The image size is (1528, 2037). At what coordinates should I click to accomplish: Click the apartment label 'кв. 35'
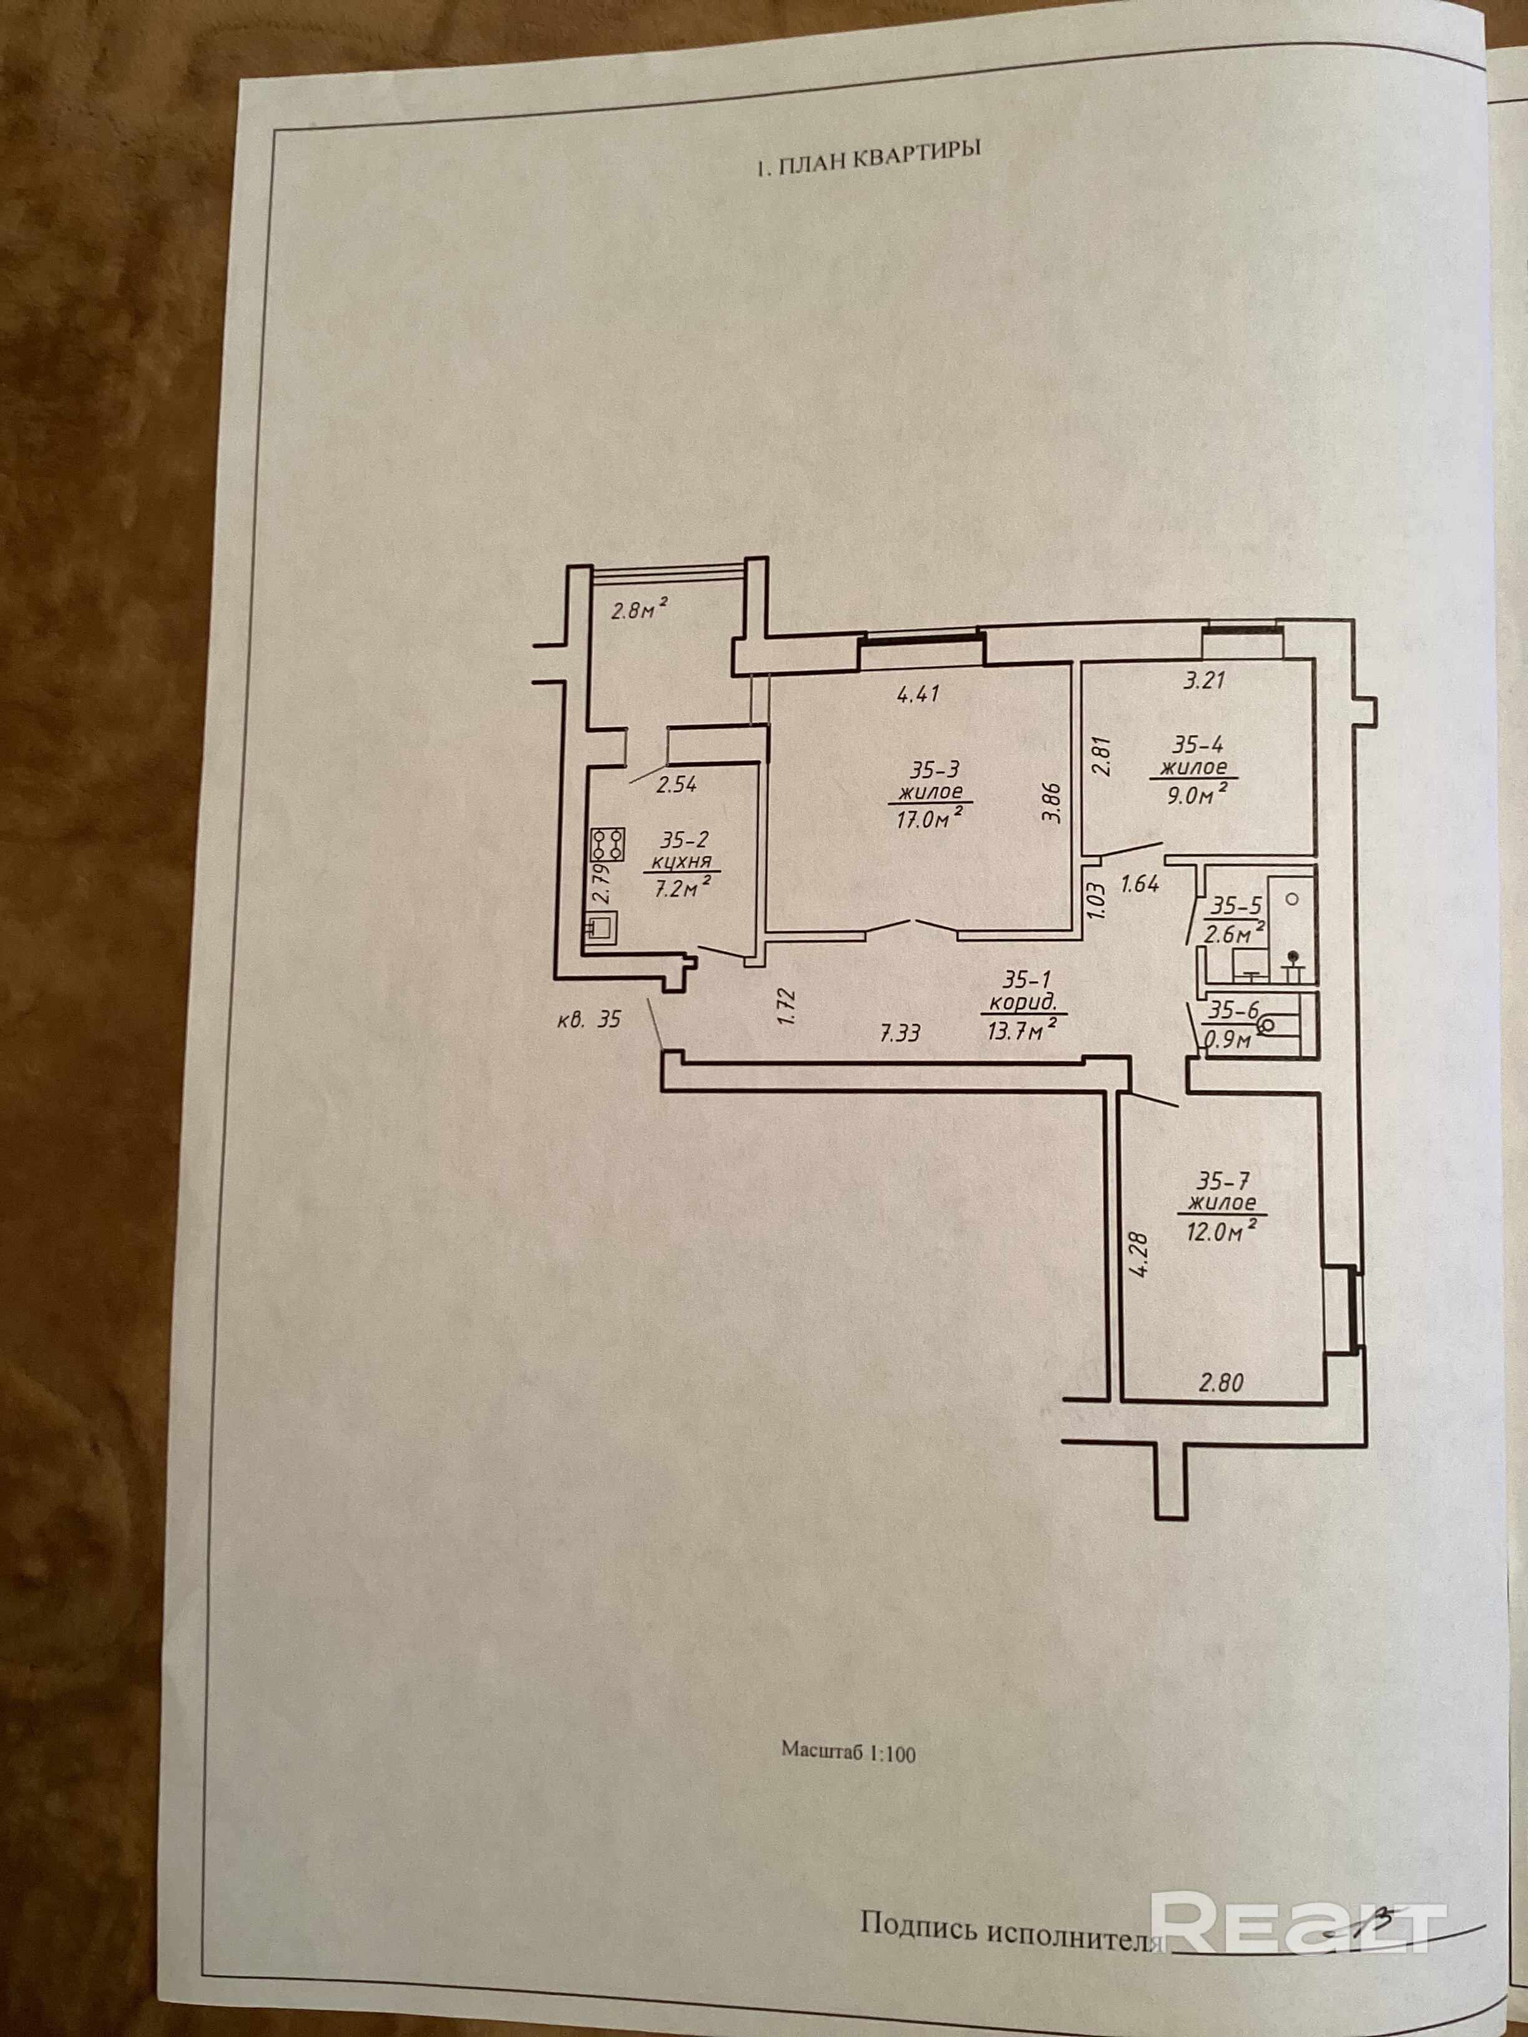point(589,1019)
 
